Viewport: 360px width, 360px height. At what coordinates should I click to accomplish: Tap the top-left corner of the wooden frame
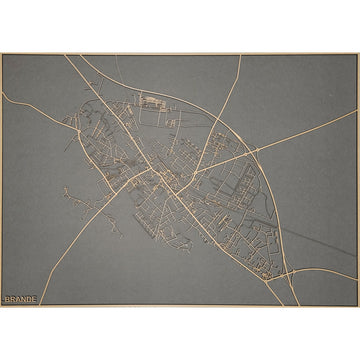click(2, 54)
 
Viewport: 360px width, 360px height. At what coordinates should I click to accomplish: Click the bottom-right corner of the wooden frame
click(357, 305)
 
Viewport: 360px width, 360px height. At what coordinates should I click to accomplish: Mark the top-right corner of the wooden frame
click(357, 54)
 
